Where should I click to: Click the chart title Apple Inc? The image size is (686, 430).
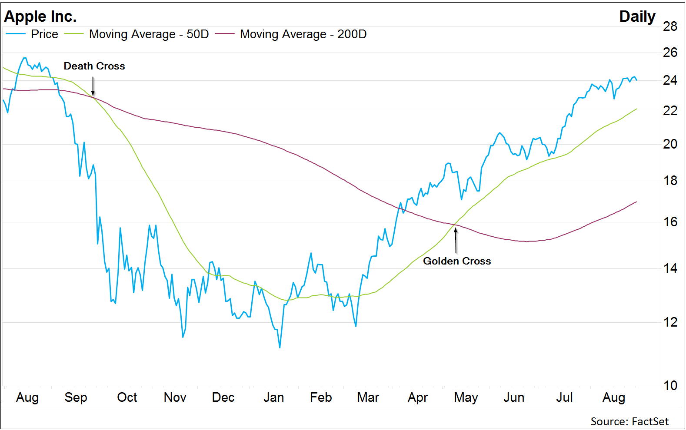[40, 17]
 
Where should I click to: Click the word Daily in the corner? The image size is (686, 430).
[637, 17]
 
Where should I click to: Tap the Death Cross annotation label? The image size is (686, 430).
[94, 66]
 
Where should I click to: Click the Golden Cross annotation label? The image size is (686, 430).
[457, 261]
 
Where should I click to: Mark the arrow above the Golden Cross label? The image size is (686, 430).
[456, 240]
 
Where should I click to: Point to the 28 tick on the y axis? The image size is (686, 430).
[670, 26]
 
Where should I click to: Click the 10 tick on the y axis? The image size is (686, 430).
[670, 385]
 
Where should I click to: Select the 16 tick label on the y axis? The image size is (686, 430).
[670, 222]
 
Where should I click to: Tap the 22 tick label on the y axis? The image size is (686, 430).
[670, 111]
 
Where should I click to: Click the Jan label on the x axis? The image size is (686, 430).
[273, 397]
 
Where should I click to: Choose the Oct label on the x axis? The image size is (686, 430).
[127, 397]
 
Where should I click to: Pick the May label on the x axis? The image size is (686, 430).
[466, 397]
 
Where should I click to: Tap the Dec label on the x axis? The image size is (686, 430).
[223, 397]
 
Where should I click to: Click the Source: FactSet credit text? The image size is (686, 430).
[629, 421]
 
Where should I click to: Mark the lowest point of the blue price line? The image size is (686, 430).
[280, 347]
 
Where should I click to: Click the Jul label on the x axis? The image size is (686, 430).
[564, 397]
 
